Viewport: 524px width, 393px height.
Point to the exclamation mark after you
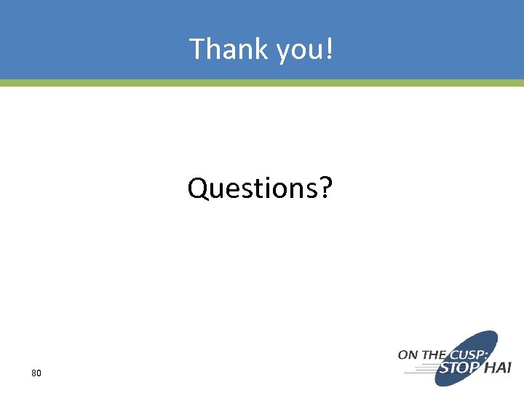[x=330, y=49]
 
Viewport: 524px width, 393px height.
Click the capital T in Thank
[x=197, y=49]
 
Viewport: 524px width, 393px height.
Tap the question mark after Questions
[x=325, y=188]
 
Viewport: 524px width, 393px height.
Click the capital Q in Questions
[x=198, y=188]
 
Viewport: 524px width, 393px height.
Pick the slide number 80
[x=36, y=373]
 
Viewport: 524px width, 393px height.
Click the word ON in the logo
[x=408, y=355]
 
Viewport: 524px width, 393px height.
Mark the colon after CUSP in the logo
[x=488, y=354]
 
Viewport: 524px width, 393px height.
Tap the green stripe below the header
[x=262, y=83]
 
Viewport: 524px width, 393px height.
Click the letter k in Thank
[x=263, y=49]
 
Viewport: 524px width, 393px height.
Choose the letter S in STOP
[x=442, y=369]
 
